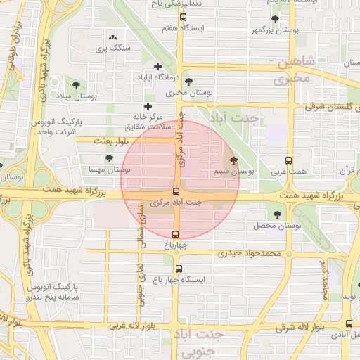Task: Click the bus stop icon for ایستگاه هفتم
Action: point(184,17)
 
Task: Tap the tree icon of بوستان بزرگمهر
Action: point(274,20)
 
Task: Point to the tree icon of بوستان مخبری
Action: point(188,82)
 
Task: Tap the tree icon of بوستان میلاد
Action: point(76,84)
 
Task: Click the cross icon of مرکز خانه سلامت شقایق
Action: point(147,106)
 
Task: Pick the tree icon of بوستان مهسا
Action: point(108,158)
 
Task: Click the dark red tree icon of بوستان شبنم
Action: point(233,160)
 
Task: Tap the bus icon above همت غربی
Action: point(288,160)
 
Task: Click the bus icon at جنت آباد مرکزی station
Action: point(176,191)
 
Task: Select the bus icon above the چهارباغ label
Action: point(176,235)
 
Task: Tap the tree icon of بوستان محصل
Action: point(276,214)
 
